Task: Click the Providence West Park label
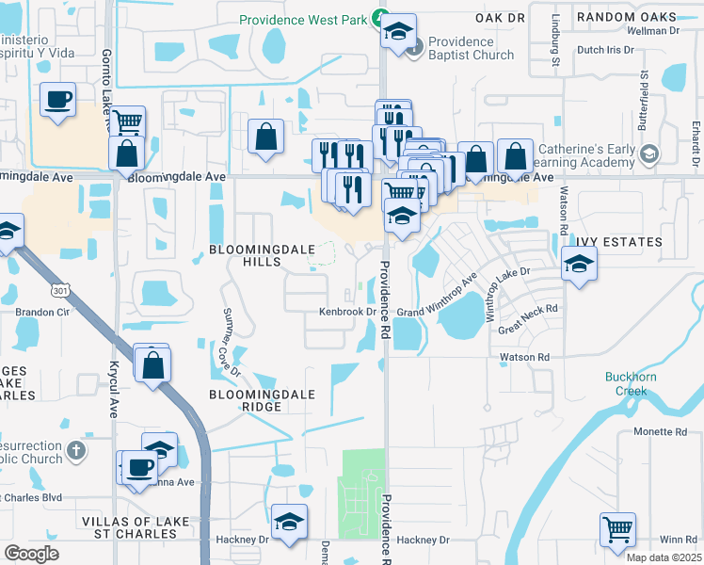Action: point(303,19)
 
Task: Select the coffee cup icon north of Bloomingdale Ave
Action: point(58,100)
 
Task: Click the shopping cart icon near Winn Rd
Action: point(617,530)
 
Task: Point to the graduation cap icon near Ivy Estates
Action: point(579,265)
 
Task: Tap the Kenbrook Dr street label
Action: point(347,312)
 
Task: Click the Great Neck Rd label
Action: point(528,319)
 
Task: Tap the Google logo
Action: point(31,554)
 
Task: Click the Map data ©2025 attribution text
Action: point(664,557)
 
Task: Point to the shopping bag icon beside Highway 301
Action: point(152,364)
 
